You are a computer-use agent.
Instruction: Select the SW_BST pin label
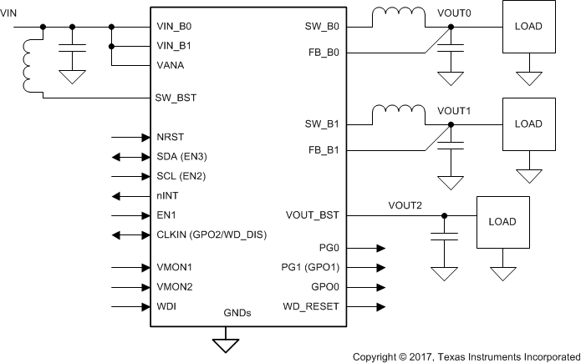pos(176,98)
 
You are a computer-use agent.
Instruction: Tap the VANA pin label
pos(171,64)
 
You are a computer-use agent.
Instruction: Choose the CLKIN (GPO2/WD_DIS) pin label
pos(211,234)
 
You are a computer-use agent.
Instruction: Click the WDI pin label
pos(166,306)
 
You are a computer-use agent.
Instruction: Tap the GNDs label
pos(237,313)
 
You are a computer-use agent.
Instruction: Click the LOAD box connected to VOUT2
pos(503,222)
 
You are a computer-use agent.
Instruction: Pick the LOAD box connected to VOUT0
pos(528,26)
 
